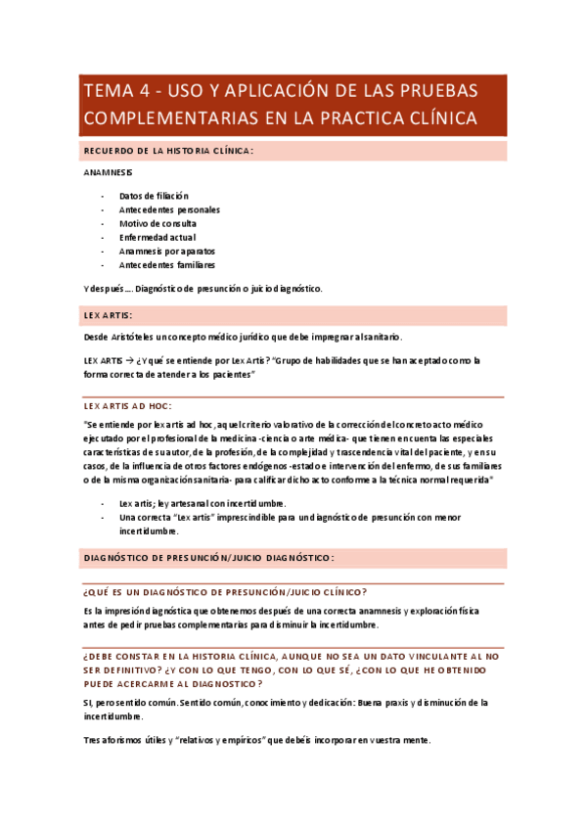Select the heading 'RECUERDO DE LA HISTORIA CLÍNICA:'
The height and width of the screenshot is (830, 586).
click(x=168, y=151)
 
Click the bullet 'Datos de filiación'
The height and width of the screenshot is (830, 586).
click(x=154, y=196)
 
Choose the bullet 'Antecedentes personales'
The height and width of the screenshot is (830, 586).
click(x=169, y=209)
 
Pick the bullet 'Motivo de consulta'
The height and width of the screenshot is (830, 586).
click(x=158, y=223)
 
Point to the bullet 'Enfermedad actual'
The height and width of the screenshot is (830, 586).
click(x=158, y=237)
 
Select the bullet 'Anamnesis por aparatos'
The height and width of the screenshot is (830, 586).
click(x=167, y=251)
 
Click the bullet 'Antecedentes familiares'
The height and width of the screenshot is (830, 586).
click(x=167, y=264)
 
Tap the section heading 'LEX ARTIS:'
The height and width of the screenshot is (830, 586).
click(x=109, y=315)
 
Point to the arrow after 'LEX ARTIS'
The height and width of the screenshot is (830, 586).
click(x=129, y=360)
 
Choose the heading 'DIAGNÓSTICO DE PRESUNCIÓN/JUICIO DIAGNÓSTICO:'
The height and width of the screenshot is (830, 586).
click(x=209, y=557)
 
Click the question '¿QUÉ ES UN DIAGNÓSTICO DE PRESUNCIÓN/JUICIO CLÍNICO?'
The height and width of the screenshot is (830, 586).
click(x=226, y=592)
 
